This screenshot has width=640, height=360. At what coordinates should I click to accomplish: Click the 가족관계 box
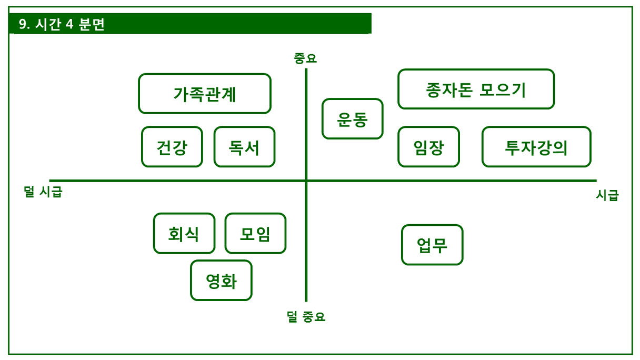(x=205, y=94)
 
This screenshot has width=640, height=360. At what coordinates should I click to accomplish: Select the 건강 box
(x=172, y=147)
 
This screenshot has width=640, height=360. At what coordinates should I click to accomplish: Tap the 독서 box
(x=244, y=147)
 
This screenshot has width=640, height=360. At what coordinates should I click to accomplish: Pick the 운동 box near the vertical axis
(x=352, y=119)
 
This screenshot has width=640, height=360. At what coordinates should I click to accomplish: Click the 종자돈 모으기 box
(x=476, y=89)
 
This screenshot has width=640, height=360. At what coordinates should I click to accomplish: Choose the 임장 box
(x=428, y=147)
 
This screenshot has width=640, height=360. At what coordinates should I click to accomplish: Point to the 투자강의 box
(x=536, y=147)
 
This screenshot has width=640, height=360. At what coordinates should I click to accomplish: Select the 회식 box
(x=184, y=233)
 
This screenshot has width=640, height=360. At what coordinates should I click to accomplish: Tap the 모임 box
(x=255, y=233)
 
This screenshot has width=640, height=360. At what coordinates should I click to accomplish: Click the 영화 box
(x=221, y=281)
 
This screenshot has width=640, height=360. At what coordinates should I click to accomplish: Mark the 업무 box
(x=432, y=245)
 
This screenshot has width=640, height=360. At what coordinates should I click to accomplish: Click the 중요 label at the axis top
(x=305, y=58)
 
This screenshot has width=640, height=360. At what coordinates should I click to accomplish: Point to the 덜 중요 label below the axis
(x=306, y=317)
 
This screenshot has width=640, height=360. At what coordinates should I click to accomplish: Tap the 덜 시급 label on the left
(x=43, y=192)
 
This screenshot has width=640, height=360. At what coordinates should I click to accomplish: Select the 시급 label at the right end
(x=607, y=195)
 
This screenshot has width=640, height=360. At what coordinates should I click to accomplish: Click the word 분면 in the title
(x=92, y=25)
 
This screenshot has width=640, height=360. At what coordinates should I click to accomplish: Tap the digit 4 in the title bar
(x=69, y=25)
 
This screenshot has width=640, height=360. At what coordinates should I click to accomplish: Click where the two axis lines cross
(x=306, y=181)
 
